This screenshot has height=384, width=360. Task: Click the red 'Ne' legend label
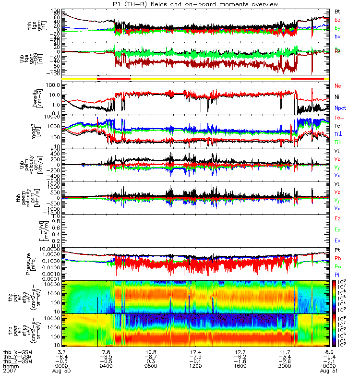tap(338, 85)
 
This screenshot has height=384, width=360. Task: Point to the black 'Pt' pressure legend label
tap(337, 250)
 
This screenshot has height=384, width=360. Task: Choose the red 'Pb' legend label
tap(337, 258)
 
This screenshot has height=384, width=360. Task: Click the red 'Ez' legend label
tap(337, 218)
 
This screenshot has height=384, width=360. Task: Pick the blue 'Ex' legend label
tap(337, 240)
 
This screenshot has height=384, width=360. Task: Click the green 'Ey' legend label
tap(337, 229)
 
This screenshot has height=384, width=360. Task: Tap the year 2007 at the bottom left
tap(9, 371)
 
